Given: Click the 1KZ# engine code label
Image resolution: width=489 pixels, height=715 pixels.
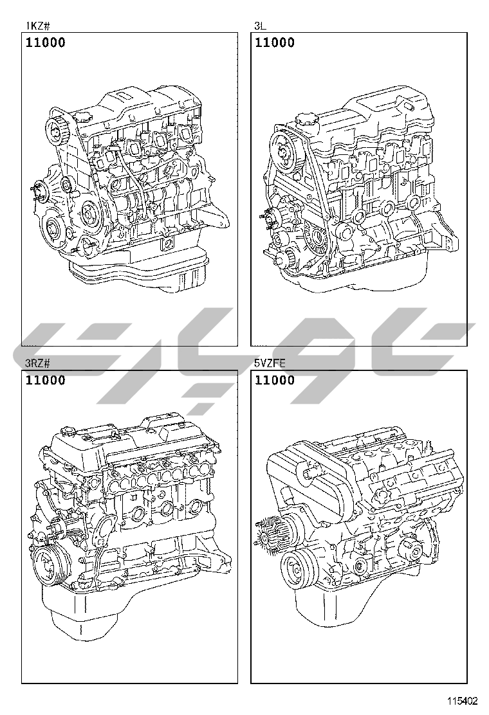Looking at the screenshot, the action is coord(37,26).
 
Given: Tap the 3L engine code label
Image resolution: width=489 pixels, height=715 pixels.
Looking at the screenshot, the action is coord(259,26).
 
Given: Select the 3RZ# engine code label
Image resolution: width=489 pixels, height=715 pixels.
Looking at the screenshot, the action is coord(37,363).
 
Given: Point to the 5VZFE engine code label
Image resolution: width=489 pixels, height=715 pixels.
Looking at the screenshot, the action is coord(270,363).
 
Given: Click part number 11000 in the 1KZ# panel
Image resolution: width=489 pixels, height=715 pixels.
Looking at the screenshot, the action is coord(46,42).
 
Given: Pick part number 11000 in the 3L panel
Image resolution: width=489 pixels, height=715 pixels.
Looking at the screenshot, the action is coord(275,42).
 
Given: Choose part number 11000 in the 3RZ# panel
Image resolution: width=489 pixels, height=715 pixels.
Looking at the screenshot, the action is coord(46,380).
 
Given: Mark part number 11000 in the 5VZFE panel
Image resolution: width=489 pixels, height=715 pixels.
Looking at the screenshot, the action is coord(275,380).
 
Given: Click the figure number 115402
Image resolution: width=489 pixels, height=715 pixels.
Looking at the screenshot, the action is coord(462,700).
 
